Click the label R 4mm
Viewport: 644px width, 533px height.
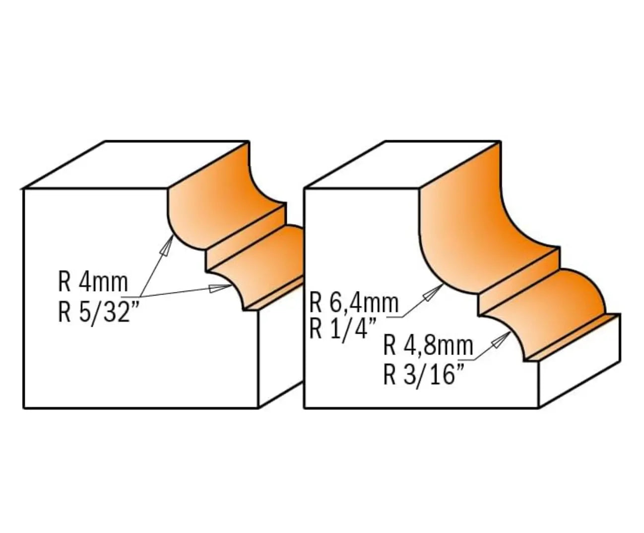[x=93, y=283]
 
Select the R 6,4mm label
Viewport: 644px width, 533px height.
[x=354, y=302]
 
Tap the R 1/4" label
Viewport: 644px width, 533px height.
[x=343, y=329]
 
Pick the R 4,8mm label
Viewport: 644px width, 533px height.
[x=428, y=346]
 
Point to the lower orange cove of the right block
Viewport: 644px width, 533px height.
[x=551, y=297]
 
